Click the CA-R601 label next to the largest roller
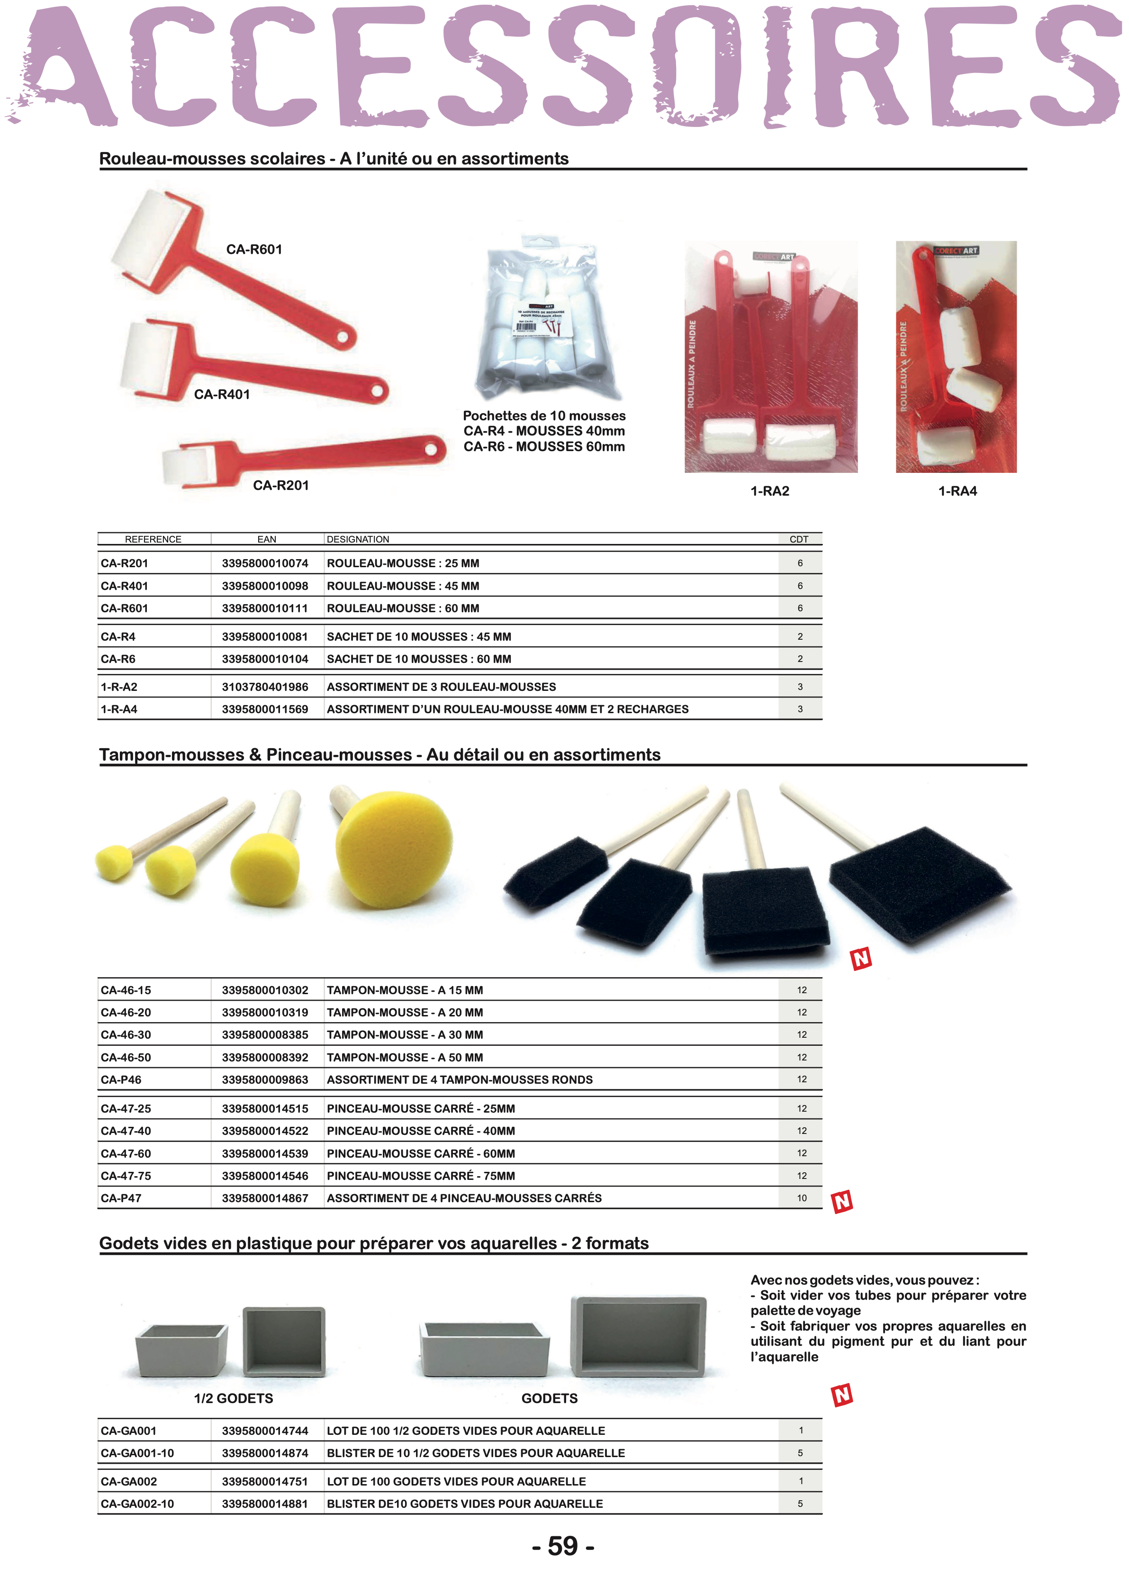click(254, 250)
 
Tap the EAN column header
click(266, 540)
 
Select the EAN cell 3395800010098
click(265, 586)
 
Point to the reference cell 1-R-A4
click(119, 709)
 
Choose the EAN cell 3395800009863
click(265, 1080)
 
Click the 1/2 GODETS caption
click(234, 1398)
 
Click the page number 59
click(563, 1546)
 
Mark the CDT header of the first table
click(799, 540)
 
